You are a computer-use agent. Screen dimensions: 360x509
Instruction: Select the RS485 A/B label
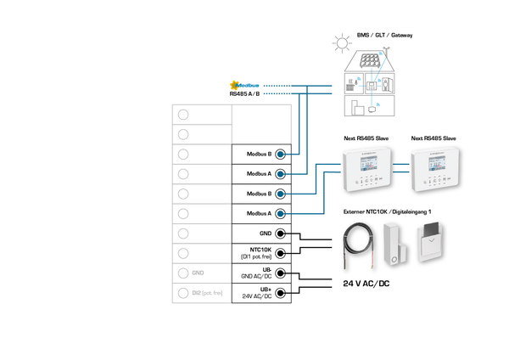pyautogui.click(x=244, y=94)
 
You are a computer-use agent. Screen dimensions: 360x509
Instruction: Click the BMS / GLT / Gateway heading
pyautogui.click(x=384, y=36)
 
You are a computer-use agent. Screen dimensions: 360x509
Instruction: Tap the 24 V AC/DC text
pyautogui.click(x=366, y=284)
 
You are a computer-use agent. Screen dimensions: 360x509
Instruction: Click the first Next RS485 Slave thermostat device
pyautogui.click(x=366, y=169)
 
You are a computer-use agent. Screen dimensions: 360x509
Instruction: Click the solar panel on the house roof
pyautogui.click(x=368, y=63)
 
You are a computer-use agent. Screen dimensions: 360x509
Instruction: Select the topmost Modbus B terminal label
pyautogui.click(x=258, y=155)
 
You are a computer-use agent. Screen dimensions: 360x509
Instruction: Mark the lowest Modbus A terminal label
pyautogui.click(x=258, y=213)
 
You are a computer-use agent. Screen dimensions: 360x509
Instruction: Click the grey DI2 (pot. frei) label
pyautogui.click(x=207, y=293)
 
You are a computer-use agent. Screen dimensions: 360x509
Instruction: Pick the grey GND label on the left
pyautogui.click(x=198, y=273)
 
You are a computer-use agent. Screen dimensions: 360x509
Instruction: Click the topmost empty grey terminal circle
pyautogui.click(x=182, y=115)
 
